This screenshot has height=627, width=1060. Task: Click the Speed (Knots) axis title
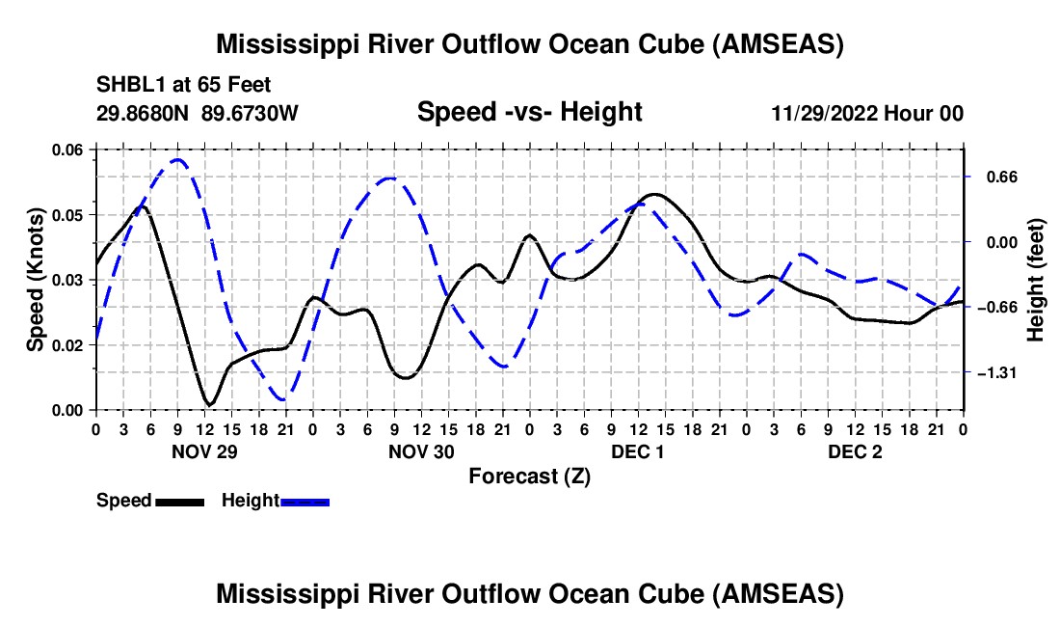tap(35, 280)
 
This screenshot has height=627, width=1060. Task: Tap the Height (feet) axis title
tap(1035, 280)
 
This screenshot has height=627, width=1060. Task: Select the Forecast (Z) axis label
tap(529, 477)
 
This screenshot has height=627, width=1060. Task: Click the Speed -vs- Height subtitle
tap(529, 112)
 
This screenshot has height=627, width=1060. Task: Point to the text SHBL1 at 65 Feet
tap(183, 85)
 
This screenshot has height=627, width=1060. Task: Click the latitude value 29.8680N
tap(143, 113)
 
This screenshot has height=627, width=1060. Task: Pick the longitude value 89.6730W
tap(250, 113)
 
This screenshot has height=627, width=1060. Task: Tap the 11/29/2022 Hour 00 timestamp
tap(867, 113)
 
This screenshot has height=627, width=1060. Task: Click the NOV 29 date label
tap(204, 451)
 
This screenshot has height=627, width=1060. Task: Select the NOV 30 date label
tap(421, 451)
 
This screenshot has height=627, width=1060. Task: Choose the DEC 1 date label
tap(638, 451)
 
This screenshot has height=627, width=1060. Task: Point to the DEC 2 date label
tap(855, 451)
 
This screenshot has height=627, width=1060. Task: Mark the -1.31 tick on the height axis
tap(997, 372)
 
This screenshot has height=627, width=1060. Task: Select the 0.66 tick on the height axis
tap(1002, 177)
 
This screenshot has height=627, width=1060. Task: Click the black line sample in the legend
tap(180, 502)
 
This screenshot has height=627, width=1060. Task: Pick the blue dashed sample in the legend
tap(305, 502)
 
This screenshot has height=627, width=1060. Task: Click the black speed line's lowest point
tap(210, 404)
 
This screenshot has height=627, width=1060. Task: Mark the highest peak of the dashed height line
tap(178, 159)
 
